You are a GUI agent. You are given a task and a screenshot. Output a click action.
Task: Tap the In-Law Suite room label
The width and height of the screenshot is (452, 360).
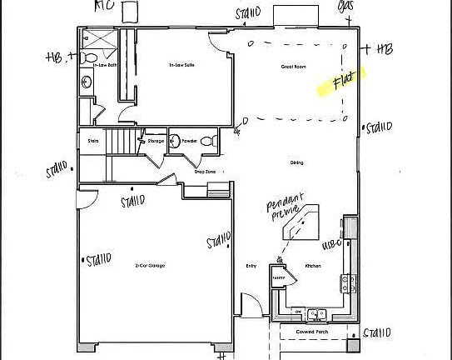point(176,64)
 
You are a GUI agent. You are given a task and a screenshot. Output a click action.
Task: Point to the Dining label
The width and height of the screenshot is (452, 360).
point(296,162)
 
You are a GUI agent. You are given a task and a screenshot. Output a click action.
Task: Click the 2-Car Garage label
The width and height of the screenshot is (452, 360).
point(150,265)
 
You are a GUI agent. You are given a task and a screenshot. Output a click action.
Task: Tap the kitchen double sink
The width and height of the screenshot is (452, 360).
point(316,314)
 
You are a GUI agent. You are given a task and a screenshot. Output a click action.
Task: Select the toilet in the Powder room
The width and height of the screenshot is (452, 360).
point(212,141)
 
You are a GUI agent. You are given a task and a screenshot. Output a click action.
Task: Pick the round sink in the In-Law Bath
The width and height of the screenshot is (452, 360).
point(87,82)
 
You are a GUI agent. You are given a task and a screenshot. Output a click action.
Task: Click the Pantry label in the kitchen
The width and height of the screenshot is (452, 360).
point(280,277)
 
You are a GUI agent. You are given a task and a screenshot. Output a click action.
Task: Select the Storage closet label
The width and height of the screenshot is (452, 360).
point(156,141)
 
